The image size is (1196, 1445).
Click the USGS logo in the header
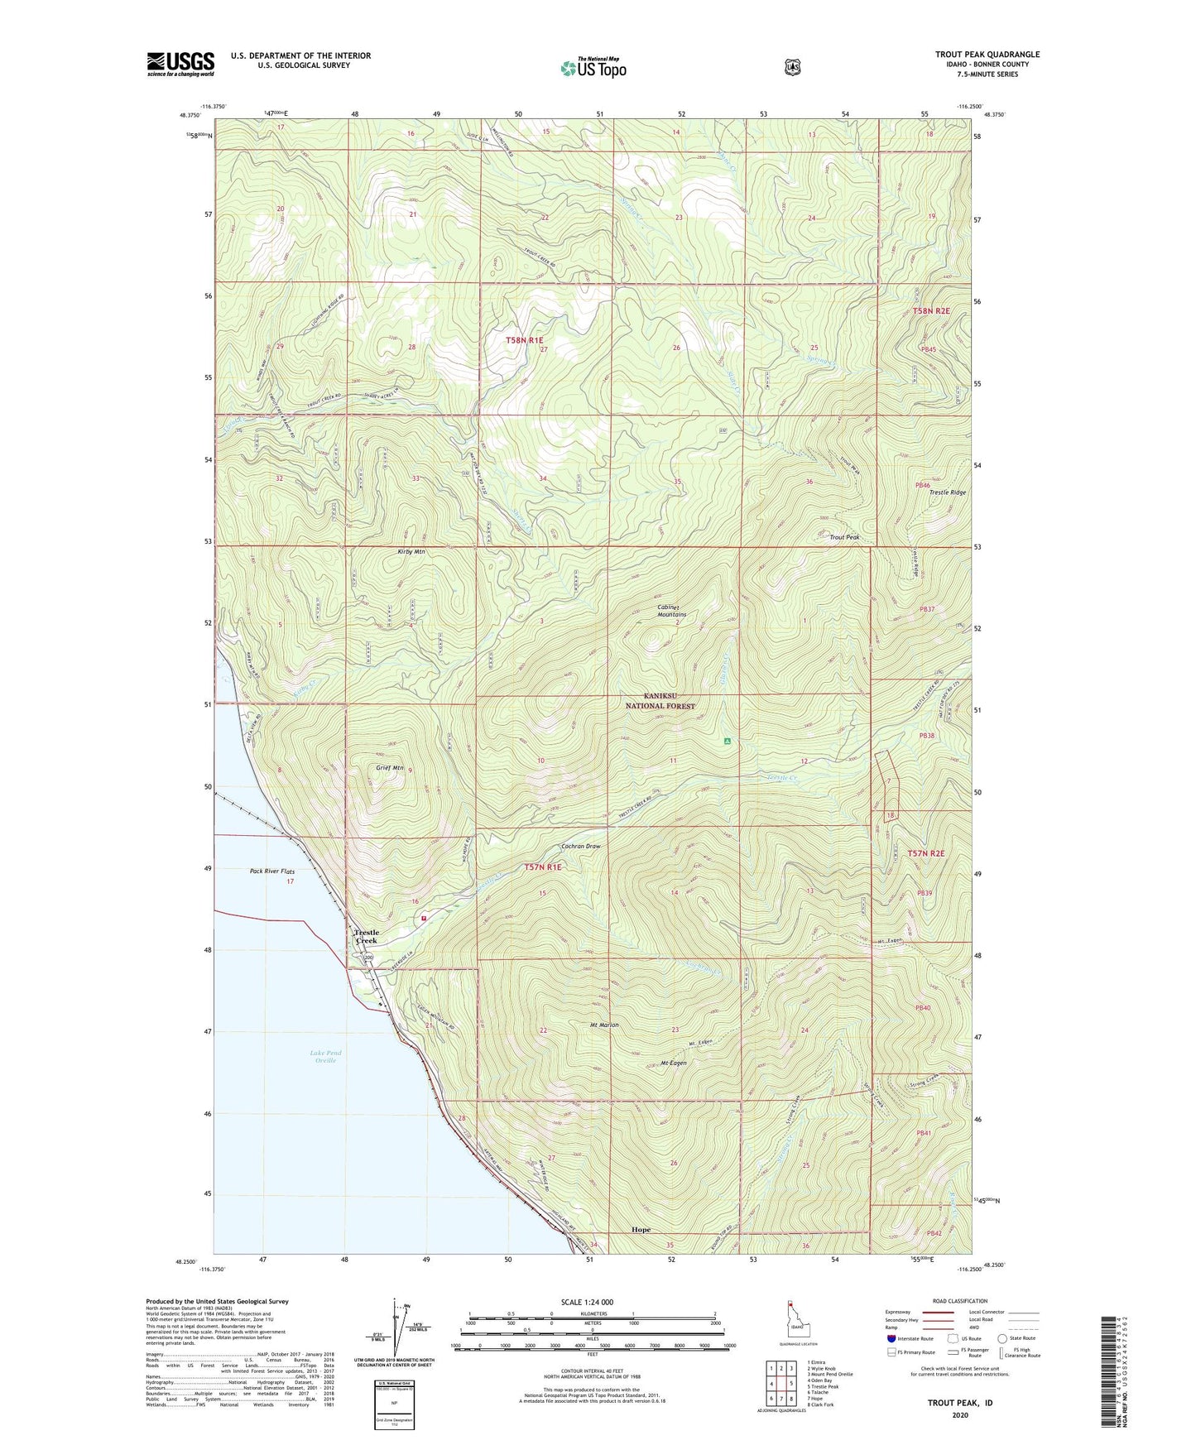[180, 64]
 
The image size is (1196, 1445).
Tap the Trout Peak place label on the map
[844, 538]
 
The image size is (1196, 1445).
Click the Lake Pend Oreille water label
[325, 1057]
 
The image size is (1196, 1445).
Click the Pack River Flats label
[272, 871]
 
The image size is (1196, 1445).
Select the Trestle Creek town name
[366, 936]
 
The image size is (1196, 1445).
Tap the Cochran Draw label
[580, 847]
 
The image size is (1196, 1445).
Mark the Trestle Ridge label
[948, 492]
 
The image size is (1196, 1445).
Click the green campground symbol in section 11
[727, 741]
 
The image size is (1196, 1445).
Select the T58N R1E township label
[525, 340]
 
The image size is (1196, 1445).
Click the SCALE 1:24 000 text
[587, 1302]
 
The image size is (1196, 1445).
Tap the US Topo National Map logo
[593, 67]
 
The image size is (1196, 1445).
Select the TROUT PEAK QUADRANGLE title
[987, 55]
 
